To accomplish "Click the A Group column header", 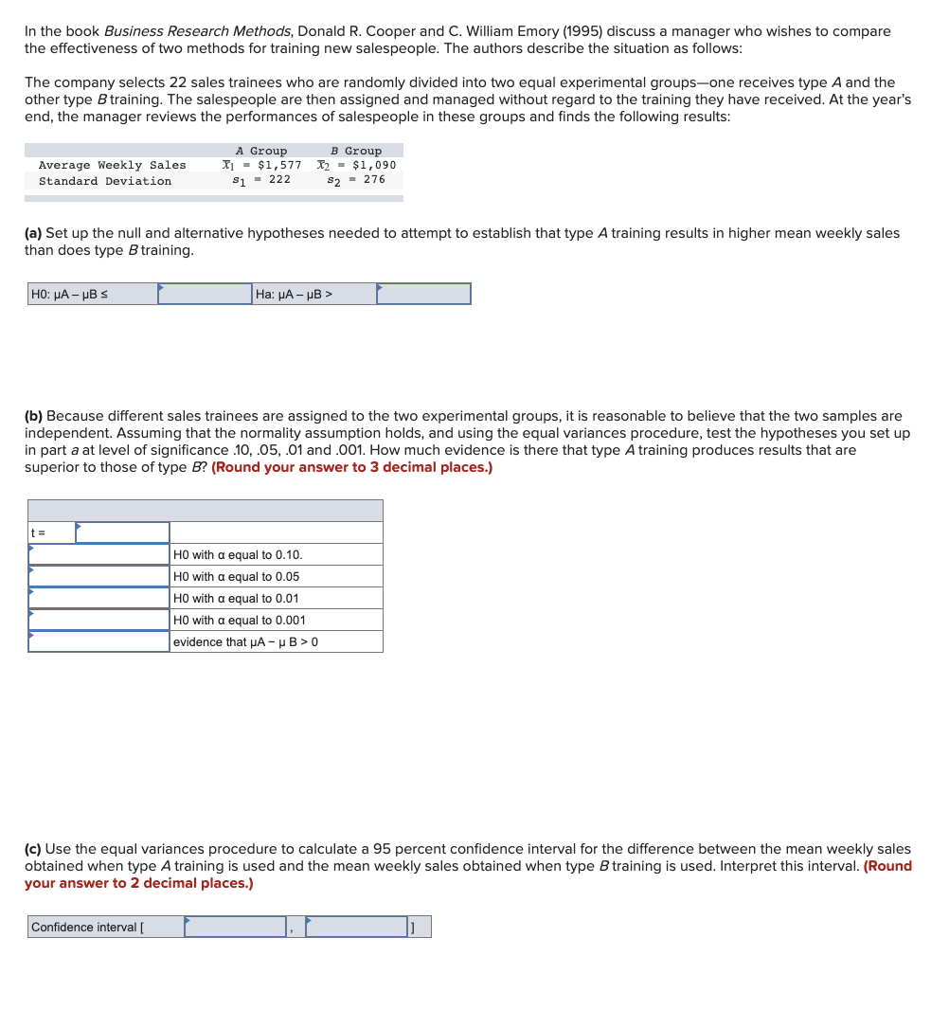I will tap(260, 151).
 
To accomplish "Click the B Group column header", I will tap(356, 151).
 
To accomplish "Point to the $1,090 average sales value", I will tap(356, 165).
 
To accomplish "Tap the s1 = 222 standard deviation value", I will tap(261, 180).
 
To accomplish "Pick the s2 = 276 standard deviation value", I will tap(356, 180).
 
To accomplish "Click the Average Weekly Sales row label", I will tap(112, 165).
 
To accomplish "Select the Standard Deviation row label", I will tap(105, 181).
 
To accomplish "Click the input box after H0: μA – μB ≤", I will tap(205, 294).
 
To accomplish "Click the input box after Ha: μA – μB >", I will tap(423, 294).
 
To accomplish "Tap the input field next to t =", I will tap(122, 532).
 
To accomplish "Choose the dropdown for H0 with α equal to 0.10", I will tap(98, 554).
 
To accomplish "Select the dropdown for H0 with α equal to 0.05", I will tap(98, 576).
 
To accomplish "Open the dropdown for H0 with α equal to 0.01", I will tap(98, 598).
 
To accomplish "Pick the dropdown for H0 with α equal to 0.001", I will tap(98, 620).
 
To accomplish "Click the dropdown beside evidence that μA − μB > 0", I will tap(98, 641).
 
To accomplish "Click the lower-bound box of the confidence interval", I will tap(235, 927).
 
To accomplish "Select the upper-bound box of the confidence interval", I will tap(356, 927).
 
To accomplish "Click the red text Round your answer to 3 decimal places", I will tap(351, 467).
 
